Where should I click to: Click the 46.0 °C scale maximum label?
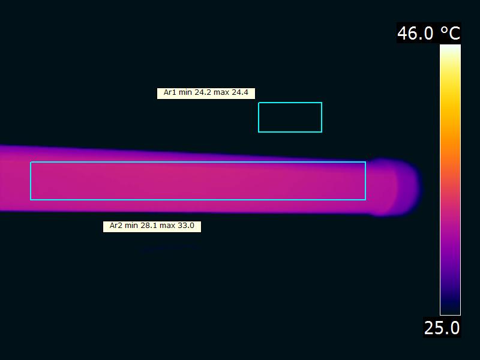point(428,33)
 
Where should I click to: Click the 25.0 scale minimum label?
point(442,328)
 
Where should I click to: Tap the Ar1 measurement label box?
point(206,94)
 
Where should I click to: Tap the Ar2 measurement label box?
point(152,227)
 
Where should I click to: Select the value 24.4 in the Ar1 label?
point(239,92)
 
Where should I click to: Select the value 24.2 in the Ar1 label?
point(203,92)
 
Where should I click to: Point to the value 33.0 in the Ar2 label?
point(186,226)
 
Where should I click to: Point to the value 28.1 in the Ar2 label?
point(149,226)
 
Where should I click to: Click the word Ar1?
point(170,92)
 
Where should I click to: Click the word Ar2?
point(116,226)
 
